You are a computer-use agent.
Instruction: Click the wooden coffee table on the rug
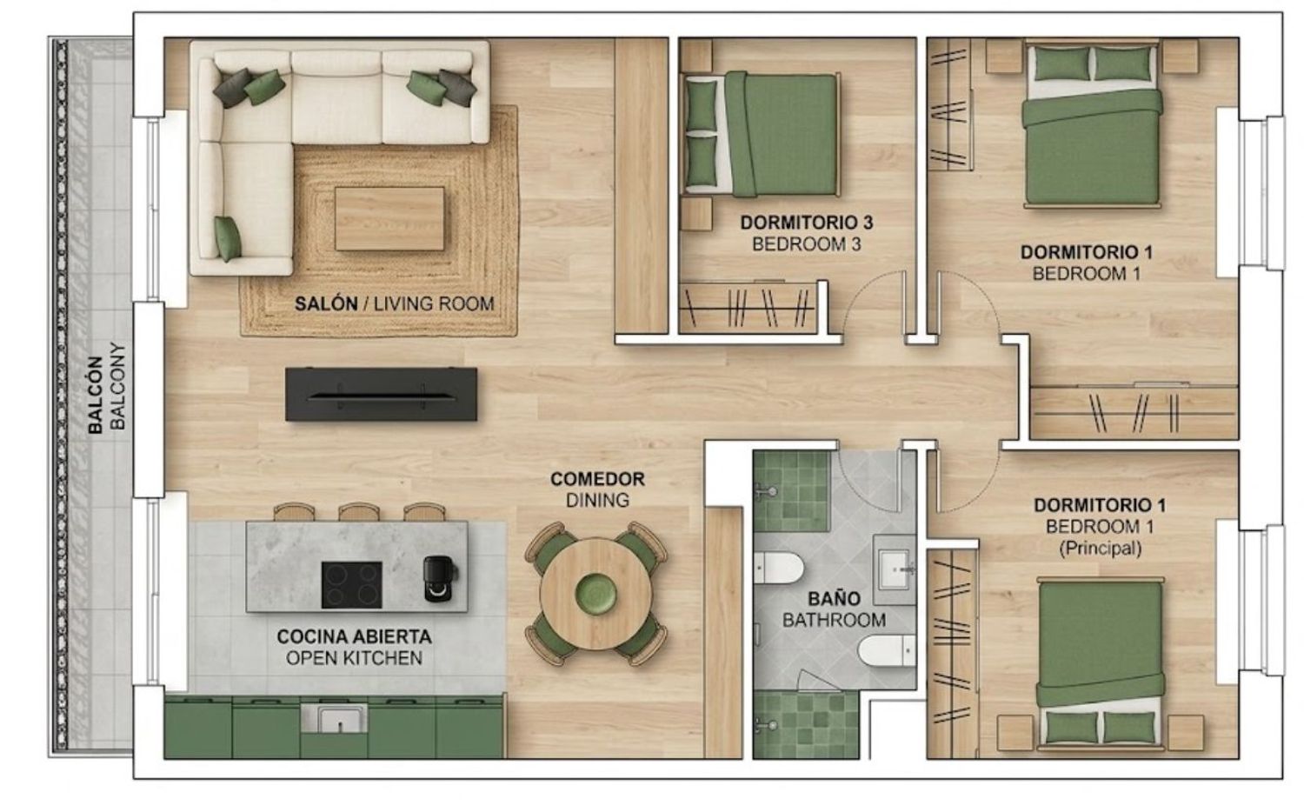pos(389,219)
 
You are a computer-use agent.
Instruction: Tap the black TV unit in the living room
pos(382,394)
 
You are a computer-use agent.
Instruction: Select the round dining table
pos(596,593)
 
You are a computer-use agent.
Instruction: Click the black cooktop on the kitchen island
pos(351,584)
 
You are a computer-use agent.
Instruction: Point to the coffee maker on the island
pos(440,578)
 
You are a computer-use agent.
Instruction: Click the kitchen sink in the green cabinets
pos(334,720)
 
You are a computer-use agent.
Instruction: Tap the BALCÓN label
pos(96,396)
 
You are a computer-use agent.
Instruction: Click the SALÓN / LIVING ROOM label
pos(394,303)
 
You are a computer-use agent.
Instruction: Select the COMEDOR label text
pos(597,479)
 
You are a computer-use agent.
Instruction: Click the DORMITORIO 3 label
pos(806,223)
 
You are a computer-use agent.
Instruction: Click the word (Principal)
pos(1101,549)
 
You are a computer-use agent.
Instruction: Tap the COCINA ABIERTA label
pos(354,636)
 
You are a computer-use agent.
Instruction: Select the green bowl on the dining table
pos(595,593)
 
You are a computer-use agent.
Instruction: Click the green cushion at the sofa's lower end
pos(228,238)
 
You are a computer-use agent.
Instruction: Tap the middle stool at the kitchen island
pos(359,512)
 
